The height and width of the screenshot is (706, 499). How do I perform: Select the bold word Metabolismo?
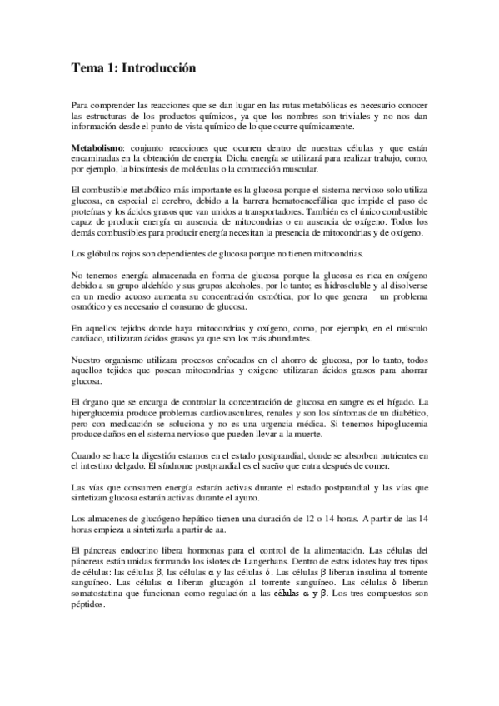[97, 147]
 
